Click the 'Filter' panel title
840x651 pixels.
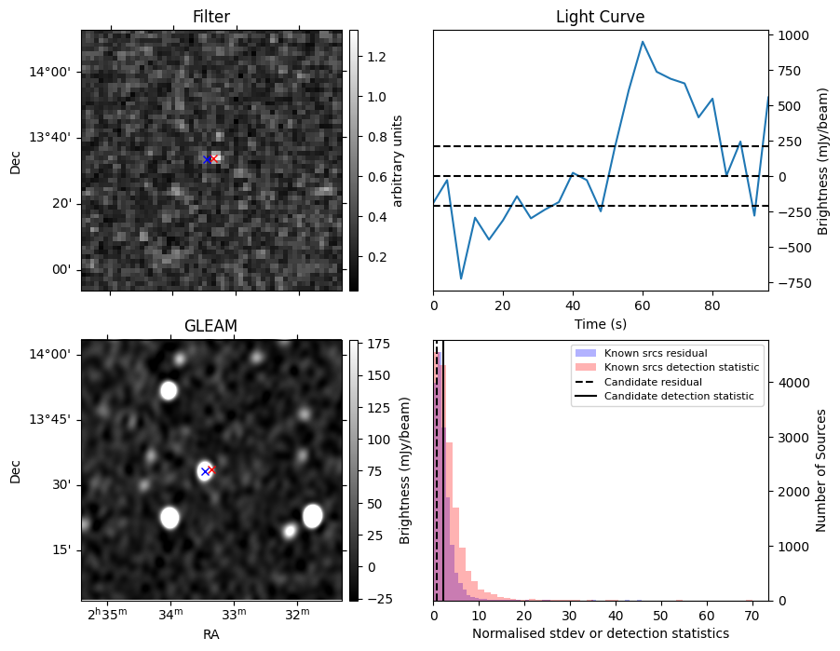pyautogui.click(x=211, y=17)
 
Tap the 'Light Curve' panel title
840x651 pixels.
pyautogui.click(x=600, y=17)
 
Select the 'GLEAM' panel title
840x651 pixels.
pyautogui.click(x=211, y=325)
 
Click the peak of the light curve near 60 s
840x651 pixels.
pyautogui.click(x=643, y=41)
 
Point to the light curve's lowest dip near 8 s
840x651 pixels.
pyautogui.click(x=461, y=278)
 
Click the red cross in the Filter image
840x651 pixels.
pyautogui.click(x=213, y=158)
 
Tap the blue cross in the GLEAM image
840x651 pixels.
pyautogui.click(x=205, y=472)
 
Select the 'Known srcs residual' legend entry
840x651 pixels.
pyautogui.click(x=655, y=353)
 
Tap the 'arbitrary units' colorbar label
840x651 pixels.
pyautogui.click(x=398, y=160)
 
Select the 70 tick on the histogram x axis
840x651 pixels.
pyautogui.click(x=752, y=616)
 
